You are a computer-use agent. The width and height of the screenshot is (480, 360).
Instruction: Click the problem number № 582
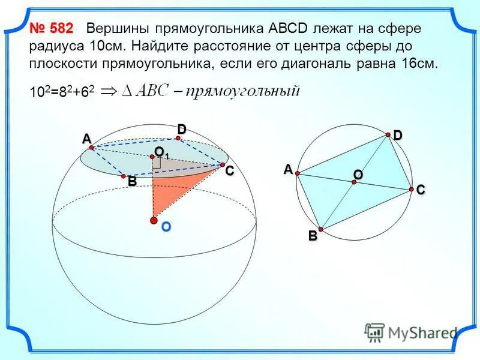click(x=51, y=28)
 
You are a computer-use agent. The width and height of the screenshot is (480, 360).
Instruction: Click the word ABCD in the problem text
click(x=289, y=28)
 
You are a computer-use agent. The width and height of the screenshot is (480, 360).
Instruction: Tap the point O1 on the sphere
click(x=152, y=157)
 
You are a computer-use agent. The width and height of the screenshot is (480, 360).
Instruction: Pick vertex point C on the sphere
click(x=223, y=164)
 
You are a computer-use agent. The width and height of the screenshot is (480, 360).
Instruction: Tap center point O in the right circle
click(x=355, y=182)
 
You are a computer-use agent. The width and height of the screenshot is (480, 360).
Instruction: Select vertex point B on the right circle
click(x=320, y=229)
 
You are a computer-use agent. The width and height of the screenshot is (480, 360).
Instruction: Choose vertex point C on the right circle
click(x=412, y=189)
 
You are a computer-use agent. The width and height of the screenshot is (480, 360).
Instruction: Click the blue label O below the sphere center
click(x=166, y=228)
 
